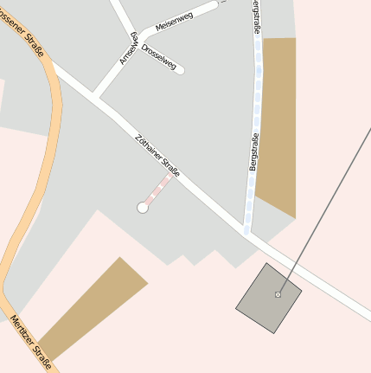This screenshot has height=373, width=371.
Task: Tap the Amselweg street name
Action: [x=129, y=48]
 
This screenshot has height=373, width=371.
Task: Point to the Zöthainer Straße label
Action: [x=157, y=156]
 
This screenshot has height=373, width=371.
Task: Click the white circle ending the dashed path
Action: [x=143, y=208]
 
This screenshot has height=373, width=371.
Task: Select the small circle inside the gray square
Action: [x=278, y=295]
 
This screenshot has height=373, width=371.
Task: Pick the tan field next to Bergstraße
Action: [x=278, y=121]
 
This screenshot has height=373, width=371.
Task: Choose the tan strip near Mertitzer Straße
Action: [x=91, y=307]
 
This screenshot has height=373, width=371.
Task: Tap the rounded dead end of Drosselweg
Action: [x=180, y=69]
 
